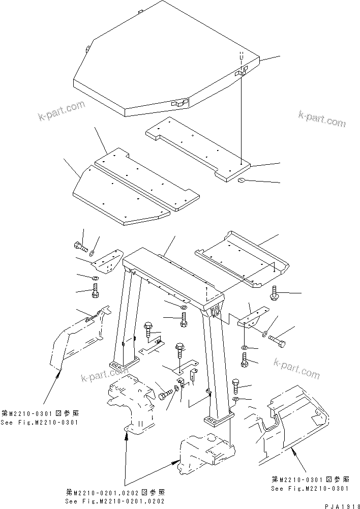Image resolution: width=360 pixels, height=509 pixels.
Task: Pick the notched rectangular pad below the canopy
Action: tap(198, 147)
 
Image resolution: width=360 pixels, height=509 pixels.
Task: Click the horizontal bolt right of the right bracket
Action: tap(277, 340)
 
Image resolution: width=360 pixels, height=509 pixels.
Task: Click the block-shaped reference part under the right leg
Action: tap(206, 452)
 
